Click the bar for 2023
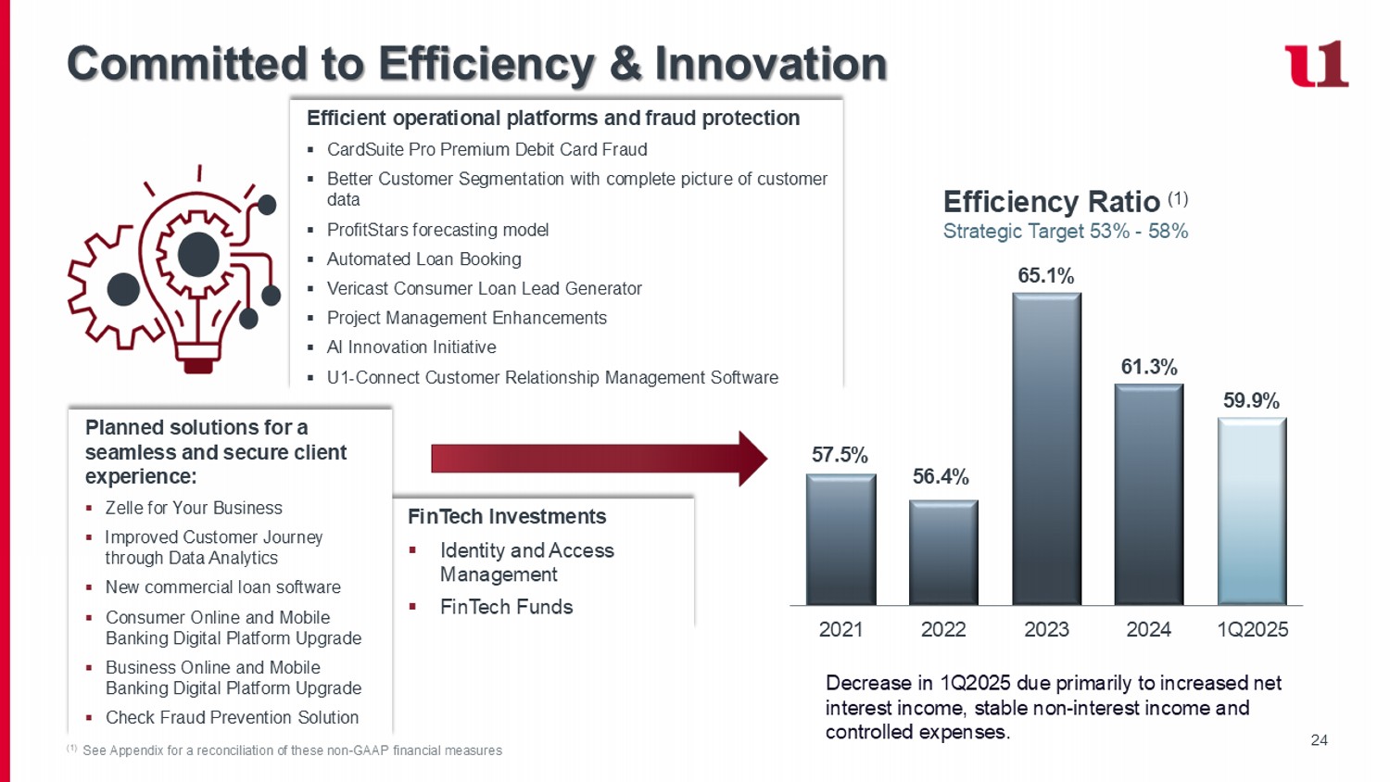1046,449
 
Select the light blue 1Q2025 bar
1251,511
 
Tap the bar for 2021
840,539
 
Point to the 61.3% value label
1149,367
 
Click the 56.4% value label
941,476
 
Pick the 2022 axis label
943,629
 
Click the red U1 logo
1316,64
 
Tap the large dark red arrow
599,458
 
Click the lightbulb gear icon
175,269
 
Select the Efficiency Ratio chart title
1051,201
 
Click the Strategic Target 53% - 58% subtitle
1065,232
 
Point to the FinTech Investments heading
507,516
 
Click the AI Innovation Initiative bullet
411,347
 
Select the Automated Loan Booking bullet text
423,259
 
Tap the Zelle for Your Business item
194,508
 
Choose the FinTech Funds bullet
506,607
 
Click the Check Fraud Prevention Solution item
232,717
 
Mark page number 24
1319,739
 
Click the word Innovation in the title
770,64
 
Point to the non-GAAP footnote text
292,750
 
